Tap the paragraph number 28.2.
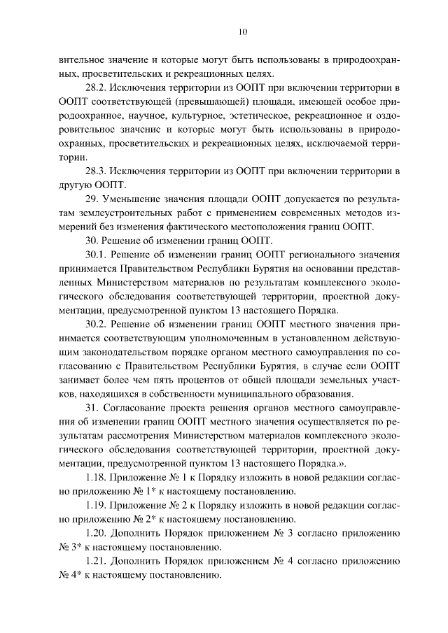[x=97, y=87]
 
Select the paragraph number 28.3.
[x=97, y=171]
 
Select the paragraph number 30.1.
[x=97, y=255]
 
